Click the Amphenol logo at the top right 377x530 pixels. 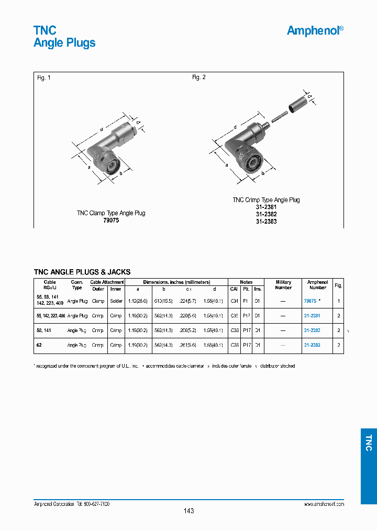point(315,30)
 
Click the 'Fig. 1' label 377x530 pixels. point(44,78)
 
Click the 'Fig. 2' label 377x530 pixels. point(199,78)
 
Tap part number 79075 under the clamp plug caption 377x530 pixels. point(111,220)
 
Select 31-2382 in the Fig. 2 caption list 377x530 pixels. point(266,214)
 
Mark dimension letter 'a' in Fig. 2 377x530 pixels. point(227,164)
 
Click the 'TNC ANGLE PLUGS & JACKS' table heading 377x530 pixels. point(82,272)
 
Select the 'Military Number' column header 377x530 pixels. point(283,285)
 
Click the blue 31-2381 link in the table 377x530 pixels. point(312,316)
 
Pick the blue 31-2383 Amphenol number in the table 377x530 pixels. point(312,345)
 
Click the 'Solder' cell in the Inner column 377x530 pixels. point(116,301)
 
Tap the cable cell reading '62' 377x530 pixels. point(39,345)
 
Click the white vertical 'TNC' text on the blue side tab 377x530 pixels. point(369,443)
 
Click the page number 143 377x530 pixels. point(188,511)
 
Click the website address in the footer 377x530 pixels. point(324,503)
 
